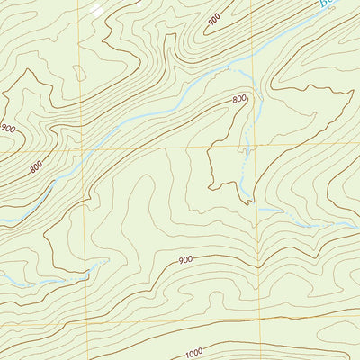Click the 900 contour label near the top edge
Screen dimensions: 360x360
coord(214,18)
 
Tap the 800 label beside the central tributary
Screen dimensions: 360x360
coord(239,100)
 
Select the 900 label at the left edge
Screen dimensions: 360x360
coord(8,129)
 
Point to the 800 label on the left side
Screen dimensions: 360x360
coord(36,167)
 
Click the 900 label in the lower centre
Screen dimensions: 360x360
coord(185,260)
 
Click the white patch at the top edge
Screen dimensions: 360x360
coord(95,10)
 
